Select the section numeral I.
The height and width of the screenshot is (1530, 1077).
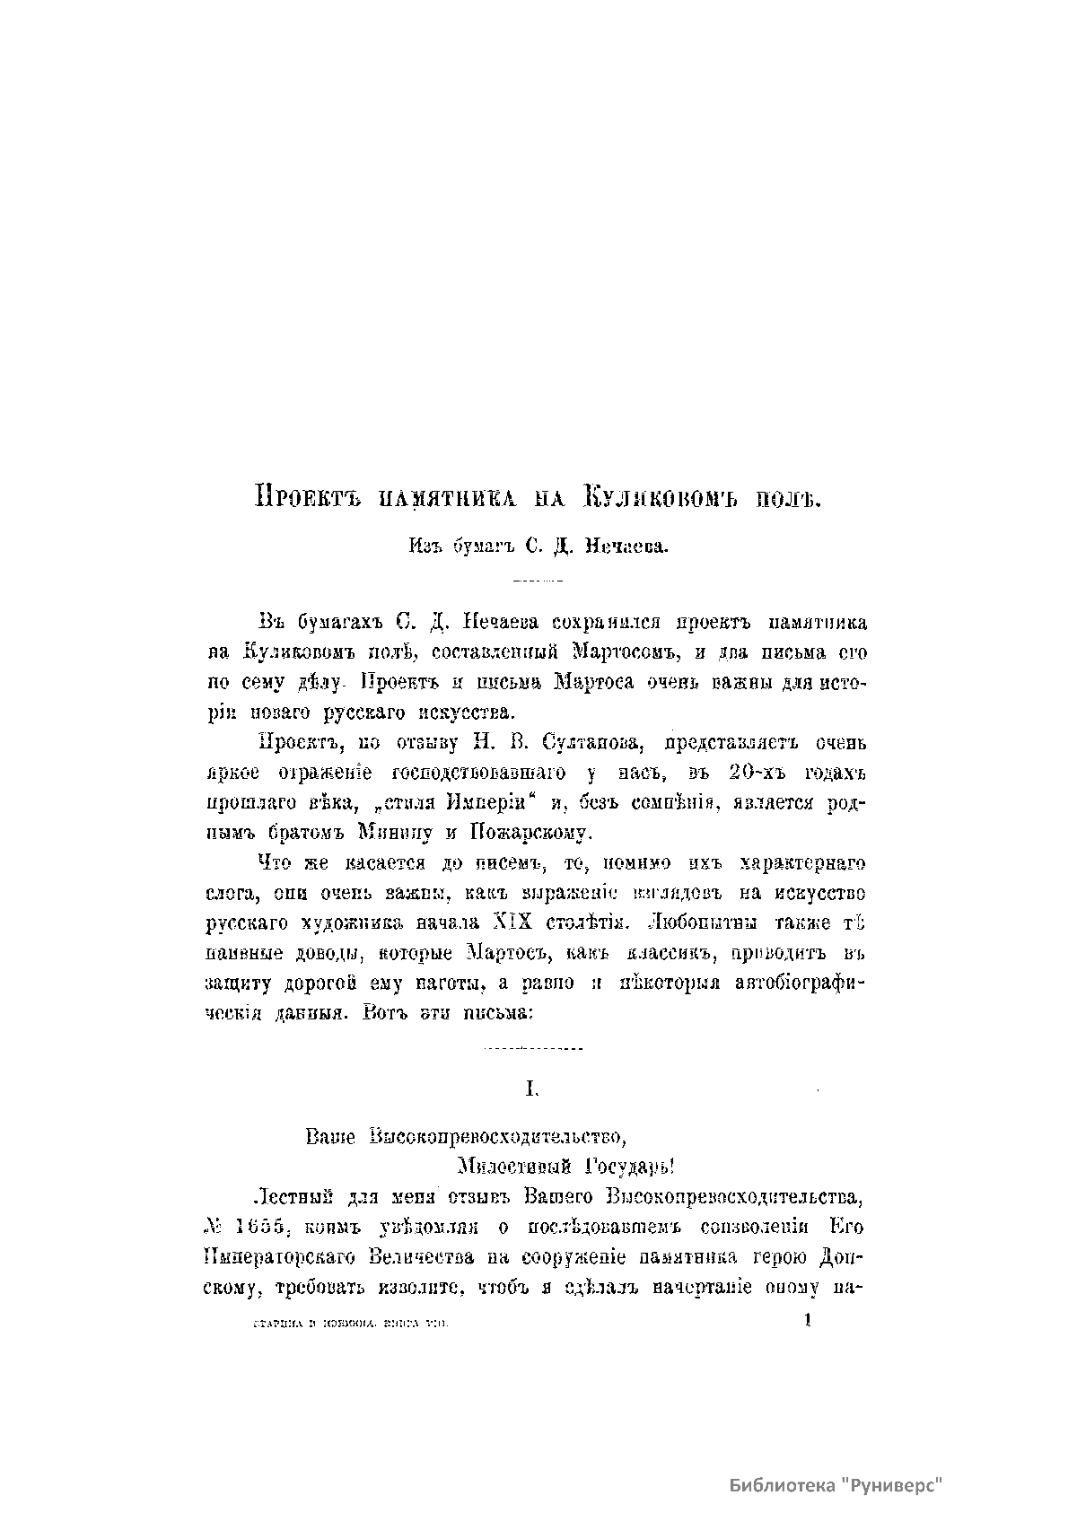530,1088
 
